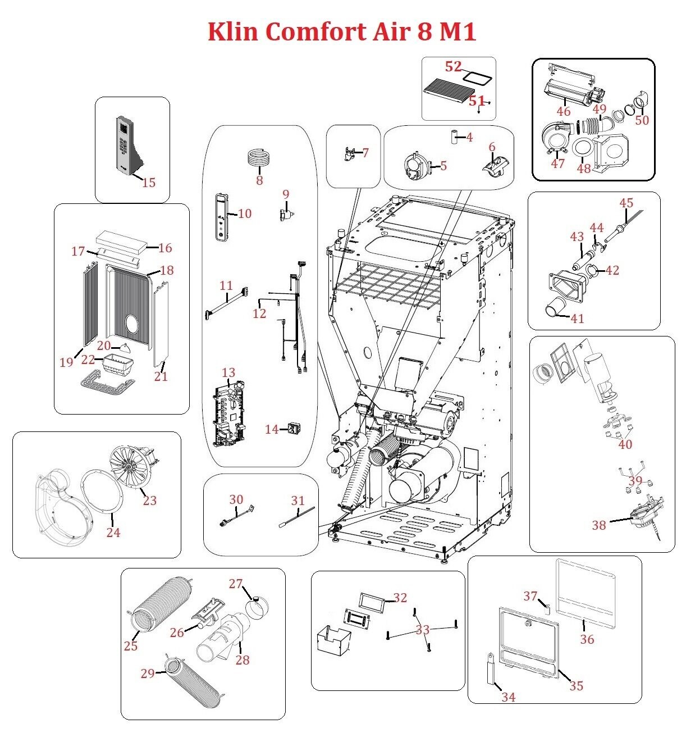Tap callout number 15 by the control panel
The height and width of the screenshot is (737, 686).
(x=149, y=183)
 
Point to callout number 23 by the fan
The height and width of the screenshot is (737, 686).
(x=149, y=500)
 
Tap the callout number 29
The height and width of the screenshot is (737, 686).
(x=148, y=673)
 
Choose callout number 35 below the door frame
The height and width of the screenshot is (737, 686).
(x=577, y=686)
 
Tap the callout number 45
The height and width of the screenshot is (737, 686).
(x=626, y=203)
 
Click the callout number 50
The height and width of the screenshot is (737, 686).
(x=642, y=120)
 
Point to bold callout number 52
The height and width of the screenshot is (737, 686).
(x=453, y=66)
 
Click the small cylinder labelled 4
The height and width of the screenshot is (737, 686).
(x=455, y=137)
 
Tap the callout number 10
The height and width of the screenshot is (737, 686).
(x=245, y=213)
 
